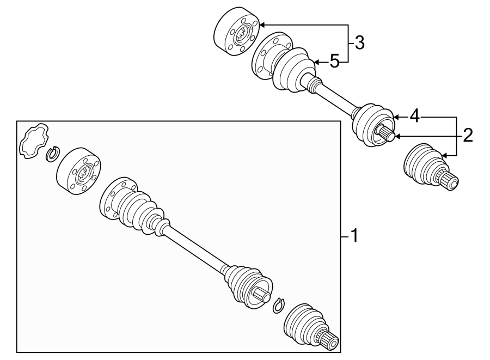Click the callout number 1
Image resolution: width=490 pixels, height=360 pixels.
click(354, 236)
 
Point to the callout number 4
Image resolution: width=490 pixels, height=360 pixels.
click(415, 116)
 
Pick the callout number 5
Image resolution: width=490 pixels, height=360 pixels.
click(335, 62)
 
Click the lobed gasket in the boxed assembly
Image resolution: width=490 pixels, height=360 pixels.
click(34, 141)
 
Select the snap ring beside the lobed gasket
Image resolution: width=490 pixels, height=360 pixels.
click(52, 154)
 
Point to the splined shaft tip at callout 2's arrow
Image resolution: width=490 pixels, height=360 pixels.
click(388, 134)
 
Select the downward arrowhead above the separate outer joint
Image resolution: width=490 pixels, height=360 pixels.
click(447, 154)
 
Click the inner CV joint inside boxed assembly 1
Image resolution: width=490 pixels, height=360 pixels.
click(79, 171)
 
